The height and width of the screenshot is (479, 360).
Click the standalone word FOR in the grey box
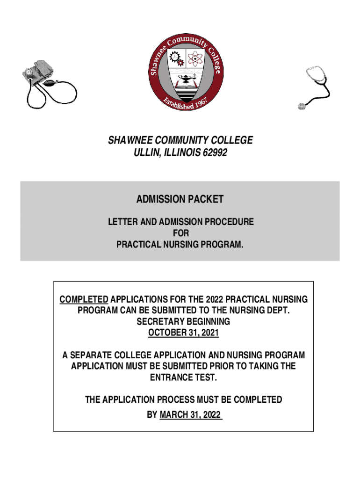coord(180,233)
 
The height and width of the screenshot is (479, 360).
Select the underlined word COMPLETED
coord(84,299)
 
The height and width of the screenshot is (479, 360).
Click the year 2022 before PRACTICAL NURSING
coord(205,299)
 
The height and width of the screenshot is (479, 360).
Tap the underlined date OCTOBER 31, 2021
coord(183,333)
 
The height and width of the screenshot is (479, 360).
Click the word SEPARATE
coord(95,356)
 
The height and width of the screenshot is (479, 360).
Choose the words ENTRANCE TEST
coord(183,378)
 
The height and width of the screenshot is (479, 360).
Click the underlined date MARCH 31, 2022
coord(190,414)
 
